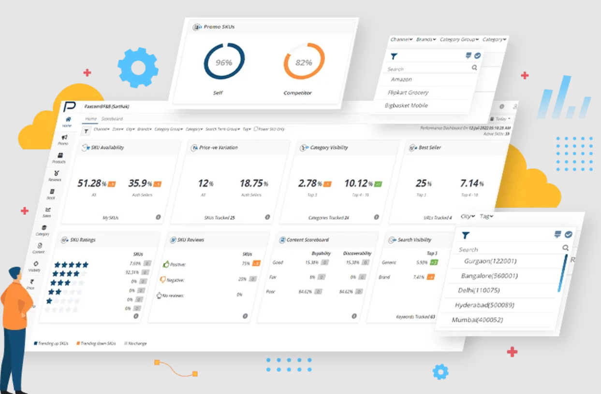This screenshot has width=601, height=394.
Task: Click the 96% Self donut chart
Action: pos(224,61)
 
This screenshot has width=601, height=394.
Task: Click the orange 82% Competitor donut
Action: pos(304,61)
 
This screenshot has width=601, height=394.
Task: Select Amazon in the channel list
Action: pos(401,79)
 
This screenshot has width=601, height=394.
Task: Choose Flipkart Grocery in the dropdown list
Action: pos(408,92)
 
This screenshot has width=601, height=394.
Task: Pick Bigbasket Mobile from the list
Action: pos(406,105)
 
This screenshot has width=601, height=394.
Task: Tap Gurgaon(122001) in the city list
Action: pos(490,261)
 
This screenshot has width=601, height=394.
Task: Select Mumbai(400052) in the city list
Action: pos(477,320)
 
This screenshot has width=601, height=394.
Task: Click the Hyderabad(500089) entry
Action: pos(484,305)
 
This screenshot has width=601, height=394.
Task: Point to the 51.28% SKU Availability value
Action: pos(90,183)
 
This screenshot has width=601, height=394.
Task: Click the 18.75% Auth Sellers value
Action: pos(251,183)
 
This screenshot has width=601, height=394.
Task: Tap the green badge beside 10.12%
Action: pos(378,184)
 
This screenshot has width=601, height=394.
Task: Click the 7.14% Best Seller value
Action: pos(469,183)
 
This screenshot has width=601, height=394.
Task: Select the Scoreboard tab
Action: pos(112,119)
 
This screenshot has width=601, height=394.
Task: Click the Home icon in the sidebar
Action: pos(68,119)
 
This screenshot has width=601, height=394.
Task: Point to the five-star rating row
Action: pos(71,265)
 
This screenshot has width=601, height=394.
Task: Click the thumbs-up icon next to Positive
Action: pos(166,264)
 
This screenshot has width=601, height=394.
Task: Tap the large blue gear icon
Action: pos(138,67)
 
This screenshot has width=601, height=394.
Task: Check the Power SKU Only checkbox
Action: pos(256,129)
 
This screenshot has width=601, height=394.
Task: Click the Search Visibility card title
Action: pos(414,239)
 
